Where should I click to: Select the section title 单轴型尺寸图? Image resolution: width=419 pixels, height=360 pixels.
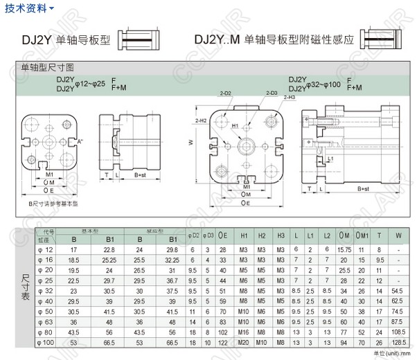(x=47, y=67)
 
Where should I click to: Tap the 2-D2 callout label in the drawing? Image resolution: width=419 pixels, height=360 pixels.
(x=225, y=92)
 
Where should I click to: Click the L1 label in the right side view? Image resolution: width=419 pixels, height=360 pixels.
(x=330, y=159)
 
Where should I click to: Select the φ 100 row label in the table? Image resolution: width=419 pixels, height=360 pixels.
(x=46, y=342)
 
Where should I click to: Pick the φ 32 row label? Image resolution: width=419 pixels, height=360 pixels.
(x=46, y=291)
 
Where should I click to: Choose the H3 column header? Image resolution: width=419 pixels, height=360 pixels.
(x=280, y=236)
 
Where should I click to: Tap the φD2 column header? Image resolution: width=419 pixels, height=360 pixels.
(x=195, y=236)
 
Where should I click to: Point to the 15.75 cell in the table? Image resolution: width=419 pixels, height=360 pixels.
(x=344, y=249)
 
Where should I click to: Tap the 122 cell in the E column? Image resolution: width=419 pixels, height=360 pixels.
(x=223, y=342)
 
